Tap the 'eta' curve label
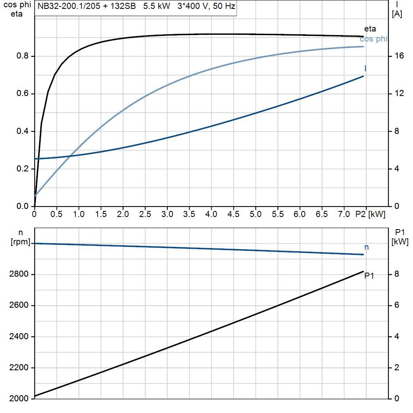coord(370,29)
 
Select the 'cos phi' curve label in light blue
coord(373,39)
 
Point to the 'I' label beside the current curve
coord(365,68)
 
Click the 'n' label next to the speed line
coord(366,247)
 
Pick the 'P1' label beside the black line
coord(369,276)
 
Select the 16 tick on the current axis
coord(399,56)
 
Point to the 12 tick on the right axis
coord(399,94)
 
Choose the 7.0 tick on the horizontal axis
coord(344,215)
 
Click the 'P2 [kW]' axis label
coord(371,215)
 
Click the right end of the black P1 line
coord(363,271)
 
